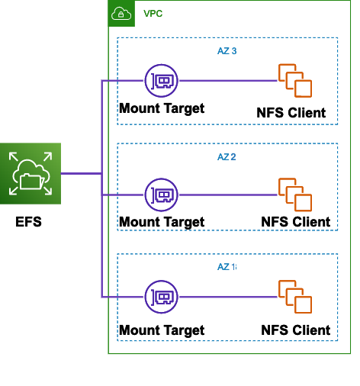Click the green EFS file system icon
pyautogui.click(x=31, y=174)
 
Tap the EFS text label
pyautogui.click(x=29, y=224)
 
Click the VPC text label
pyautogui.click(x=153, y=14)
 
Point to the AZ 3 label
pyautogui.click(x=227, y=51)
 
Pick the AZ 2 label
pyautogui.click(x=227, y=157)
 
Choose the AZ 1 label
pyautogui.click(x=227, y=267)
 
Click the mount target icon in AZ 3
pyautogui.click(x=161, y=80)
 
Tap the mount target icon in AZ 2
pyautogui.click(x=161, y=195)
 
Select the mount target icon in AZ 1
pyautogui.click(x=161, y=296)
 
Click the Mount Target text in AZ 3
pyautogui.click(x=162, y=108)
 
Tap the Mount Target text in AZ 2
pyautogui.click(x=162, y=222)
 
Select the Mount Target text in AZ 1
pyautogui.click(x=162, y=330)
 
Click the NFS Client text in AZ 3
pyautogui.click(x=291, y=113)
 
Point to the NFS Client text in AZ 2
pyautogui.click(x=295, y=222)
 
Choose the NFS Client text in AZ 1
pyautogui.click(x=295, y=330)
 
